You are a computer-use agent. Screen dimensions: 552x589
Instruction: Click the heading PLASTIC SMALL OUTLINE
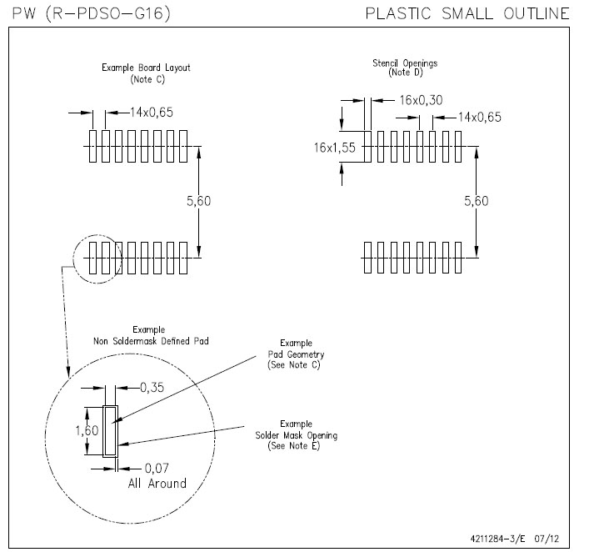click(467, 13)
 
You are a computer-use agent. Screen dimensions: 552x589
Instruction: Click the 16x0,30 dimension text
click(421, 100)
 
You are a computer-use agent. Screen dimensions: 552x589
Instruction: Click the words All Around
click(157, 484)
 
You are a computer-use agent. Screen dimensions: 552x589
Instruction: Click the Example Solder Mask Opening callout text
click(296, 435)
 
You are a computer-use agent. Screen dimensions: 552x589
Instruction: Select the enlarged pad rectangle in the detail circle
click(109, 431)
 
